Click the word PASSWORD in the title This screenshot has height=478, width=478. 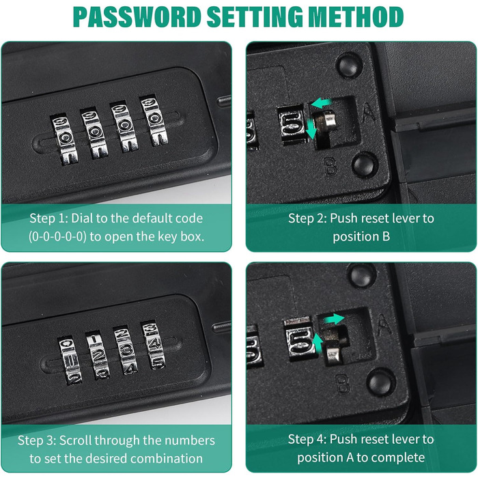tap(137, 17)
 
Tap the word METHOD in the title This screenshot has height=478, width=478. tap(356, 17)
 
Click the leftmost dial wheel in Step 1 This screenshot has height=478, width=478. tap(64, 139)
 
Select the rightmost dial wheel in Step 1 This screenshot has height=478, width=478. tap(154, 121)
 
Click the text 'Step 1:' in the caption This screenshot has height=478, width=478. tap(48, 219)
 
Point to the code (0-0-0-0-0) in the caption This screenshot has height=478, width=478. tap(57, 236)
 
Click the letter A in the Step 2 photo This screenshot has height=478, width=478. tap(369, 112)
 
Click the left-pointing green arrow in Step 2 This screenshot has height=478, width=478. tap(321, 102)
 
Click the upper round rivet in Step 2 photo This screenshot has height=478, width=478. tap(349, 65)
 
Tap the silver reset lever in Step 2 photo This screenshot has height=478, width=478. tap(326, 121)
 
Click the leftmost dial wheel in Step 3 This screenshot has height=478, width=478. tap(70, 360)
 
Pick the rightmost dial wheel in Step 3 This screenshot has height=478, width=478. tap(153, 345)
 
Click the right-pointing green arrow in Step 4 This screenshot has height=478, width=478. tap(334, 319)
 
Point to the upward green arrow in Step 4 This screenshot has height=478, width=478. tap(318, 344)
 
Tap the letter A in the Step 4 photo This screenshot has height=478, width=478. tap(384, 325)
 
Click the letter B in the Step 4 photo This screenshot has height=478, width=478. tap(343, 384)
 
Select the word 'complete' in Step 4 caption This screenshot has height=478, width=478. tap(398, 458)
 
